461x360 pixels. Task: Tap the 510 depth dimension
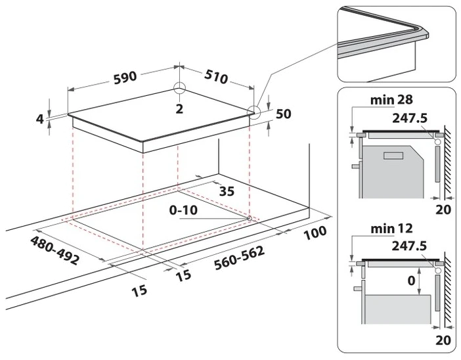(x=217, y=77)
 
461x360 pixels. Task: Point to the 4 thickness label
(x=40, y=119)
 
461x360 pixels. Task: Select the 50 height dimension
(x=284, y=114)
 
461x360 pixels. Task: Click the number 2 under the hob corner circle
(x=179, y=109)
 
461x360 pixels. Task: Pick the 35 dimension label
(x=227, y=191)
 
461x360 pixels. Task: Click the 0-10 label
(x=183, y=210)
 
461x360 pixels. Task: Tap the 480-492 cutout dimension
(x=55, y=250)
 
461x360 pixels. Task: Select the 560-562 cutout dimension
(x=239, y=258)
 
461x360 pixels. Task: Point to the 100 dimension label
(x=315, y=233)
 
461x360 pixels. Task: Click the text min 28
(x=391, y=100)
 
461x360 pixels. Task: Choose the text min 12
(x=391, y=229)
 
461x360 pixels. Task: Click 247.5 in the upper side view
(x=410, y=118)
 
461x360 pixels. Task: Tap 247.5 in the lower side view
(x=409, y=246)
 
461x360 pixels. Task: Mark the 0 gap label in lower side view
(x=411, y=281)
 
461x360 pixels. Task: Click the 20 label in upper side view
(x=443, y=210)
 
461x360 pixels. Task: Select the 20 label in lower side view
(x=443, y=340)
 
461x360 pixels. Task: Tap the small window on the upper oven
(x=393, y=156)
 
